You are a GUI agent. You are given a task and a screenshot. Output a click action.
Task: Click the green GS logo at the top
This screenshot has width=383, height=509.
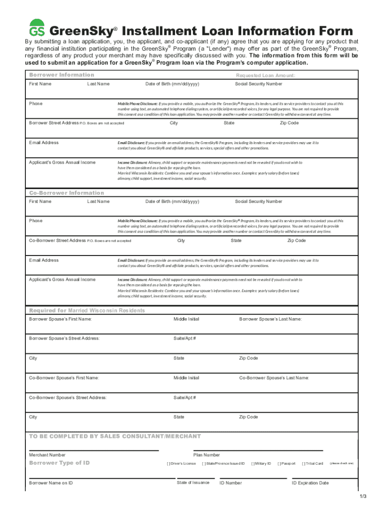pos(37,28)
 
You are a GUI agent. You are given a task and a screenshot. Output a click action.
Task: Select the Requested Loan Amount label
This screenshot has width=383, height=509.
pos(266,75)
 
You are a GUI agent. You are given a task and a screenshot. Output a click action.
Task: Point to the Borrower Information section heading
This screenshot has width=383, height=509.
pos(62,75)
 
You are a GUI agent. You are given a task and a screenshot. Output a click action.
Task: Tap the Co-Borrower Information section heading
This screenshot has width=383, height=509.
pos(67,192)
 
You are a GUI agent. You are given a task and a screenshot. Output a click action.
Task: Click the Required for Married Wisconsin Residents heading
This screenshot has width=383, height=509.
pos(87,310)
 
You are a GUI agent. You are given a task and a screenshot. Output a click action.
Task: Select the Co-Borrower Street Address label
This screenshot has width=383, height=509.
pos(57,241)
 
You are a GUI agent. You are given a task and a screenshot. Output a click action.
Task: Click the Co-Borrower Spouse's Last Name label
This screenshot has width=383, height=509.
pos(274,378)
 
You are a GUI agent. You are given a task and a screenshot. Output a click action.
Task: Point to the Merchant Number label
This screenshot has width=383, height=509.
pos(47,455)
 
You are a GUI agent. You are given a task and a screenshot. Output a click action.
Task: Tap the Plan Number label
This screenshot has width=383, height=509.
pos(206,455)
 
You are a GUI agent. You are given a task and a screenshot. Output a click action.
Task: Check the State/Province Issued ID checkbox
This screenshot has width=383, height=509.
pos(204,463)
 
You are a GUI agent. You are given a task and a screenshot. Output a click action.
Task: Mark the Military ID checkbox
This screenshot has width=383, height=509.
pos(253,463)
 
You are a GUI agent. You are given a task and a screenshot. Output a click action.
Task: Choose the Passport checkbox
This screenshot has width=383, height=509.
pos(280,463)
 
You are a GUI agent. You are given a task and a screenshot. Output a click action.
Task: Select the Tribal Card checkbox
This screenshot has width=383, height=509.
pos(304,463)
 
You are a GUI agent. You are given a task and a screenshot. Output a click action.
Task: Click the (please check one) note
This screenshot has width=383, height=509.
pos(341,463)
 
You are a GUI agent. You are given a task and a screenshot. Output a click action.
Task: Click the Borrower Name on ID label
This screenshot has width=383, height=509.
pos(51,483)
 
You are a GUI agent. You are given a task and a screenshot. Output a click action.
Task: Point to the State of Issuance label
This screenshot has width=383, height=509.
pos(193,483)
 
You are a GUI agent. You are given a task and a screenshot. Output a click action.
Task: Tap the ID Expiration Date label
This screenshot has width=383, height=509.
pos(310,483)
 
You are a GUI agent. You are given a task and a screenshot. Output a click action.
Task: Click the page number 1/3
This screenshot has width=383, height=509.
pos(363,497)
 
